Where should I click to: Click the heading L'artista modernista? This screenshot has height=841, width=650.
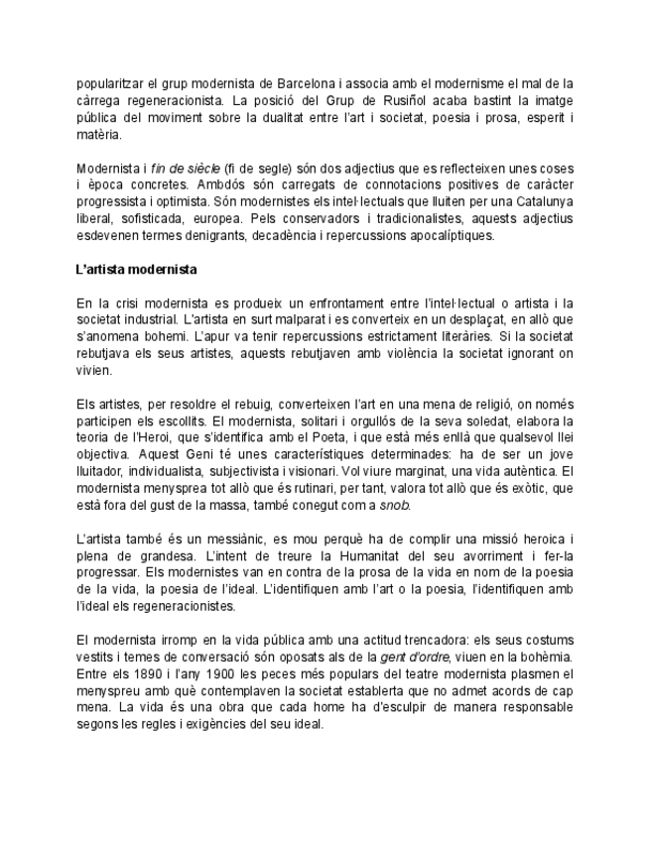[136, 269]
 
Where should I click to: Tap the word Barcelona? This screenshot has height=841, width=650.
[298, 84]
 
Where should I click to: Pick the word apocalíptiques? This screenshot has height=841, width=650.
[443, 235]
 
